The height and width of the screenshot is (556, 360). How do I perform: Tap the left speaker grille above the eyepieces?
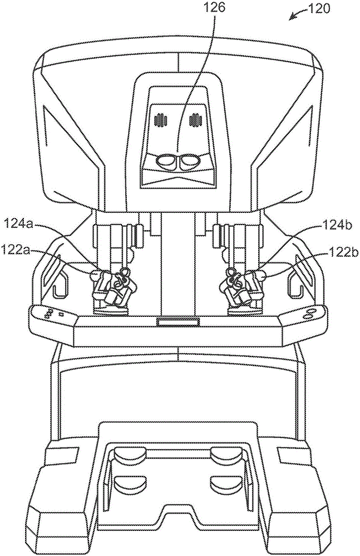[x=162, y=120]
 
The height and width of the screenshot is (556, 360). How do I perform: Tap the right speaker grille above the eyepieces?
[x=195, y=120]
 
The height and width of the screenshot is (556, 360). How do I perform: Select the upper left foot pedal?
[x=130, y=457]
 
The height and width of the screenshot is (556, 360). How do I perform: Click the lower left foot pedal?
[x=130, y=482]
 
